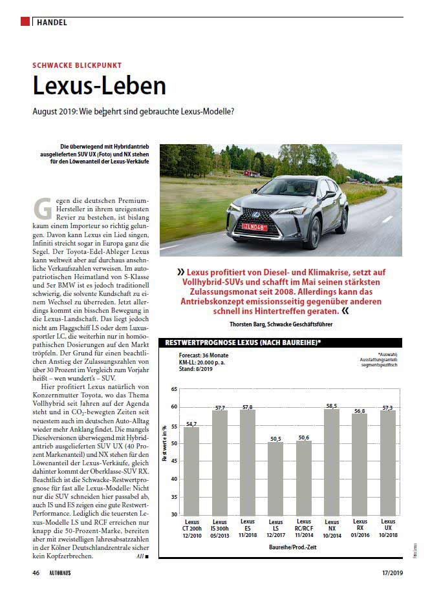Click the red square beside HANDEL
25,22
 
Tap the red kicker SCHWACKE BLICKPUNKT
77,65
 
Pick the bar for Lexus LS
275,478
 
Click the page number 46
36,573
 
